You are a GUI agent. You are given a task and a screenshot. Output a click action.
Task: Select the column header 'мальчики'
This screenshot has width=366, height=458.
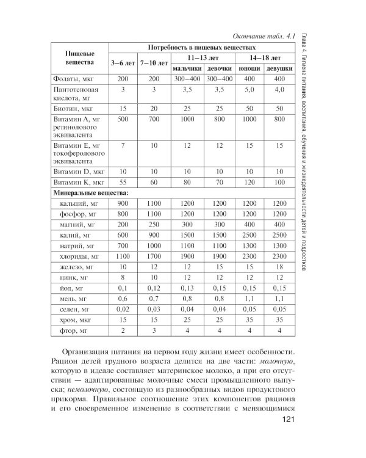(187, 69)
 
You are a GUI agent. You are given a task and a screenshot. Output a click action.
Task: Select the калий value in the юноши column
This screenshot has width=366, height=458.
(249, 234)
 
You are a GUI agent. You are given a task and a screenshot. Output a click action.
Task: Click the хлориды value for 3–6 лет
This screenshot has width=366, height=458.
(123, 256)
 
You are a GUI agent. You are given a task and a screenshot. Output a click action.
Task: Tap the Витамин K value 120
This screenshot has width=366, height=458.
(249, 182)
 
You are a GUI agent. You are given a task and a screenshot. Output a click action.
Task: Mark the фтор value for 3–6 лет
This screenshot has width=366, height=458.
(123, 330)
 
